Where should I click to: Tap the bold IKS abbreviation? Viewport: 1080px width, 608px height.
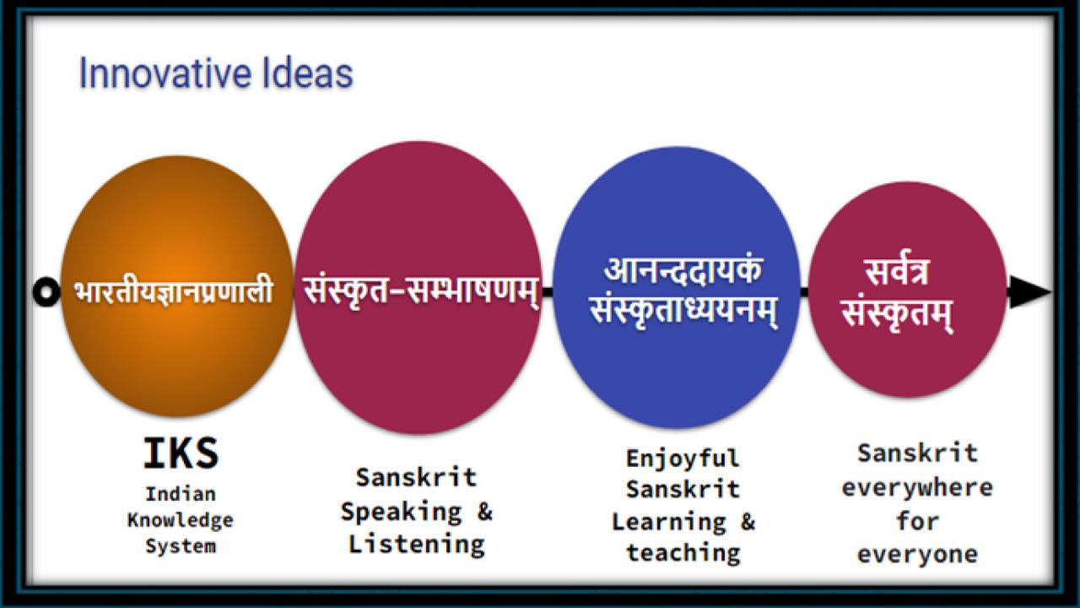click(x=181, y=453)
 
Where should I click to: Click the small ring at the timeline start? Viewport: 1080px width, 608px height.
click(x=46, y=292)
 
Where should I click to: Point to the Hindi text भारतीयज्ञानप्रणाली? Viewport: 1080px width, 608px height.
click(x=173, y=291)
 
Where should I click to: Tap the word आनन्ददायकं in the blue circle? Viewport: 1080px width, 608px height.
click(x=683, y=272)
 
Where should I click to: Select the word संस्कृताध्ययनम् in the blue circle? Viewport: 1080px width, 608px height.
click(x=683, y=312)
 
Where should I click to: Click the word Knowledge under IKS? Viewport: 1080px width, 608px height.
click(x=181, y=519)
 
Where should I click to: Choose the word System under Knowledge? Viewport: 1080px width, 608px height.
click(x=181, y=546)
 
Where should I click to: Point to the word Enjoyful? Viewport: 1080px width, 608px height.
click(x=683, y=459)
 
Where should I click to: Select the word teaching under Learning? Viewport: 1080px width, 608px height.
click(x=683, y=553)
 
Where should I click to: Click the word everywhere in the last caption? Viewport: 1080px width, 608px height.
click(x=917, y=487)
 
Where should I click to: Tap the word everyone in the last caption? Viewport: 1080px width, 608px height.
click(x=917, y=555)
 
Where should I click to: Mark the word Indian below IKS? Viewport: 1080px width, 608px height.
click(x=181, y=493)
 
